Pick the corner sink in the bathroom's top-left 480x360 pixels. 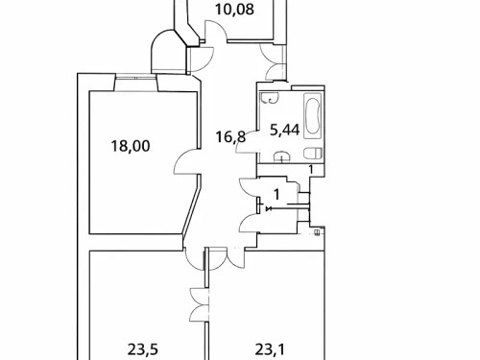coord(269,98)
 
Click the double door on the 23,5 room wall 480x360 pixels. coord(199,305)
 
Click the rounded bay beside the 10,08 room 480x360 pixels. coord(174,52)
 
